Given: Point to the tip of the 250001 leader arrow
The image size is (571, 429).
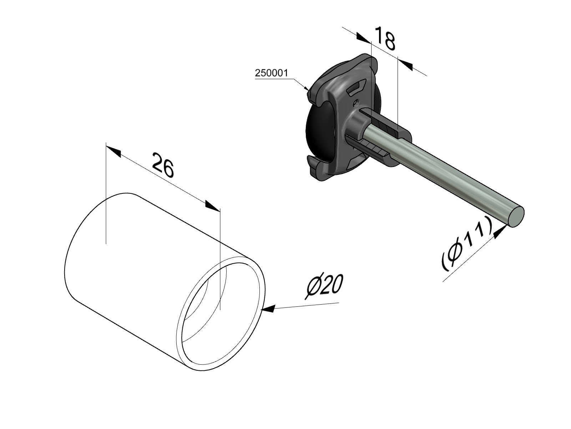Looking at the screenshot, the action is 309,90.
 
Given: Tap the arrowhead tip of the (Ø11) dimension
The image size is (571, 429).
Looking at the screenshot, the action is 508,226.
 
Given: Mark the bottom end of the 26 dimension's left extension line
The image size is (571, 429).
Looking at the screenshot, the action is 106,243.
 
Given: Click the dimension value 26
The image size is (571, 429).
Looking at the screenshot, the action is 163,164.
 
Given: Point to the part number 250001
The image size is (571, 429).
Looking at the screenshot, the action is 272,73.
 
